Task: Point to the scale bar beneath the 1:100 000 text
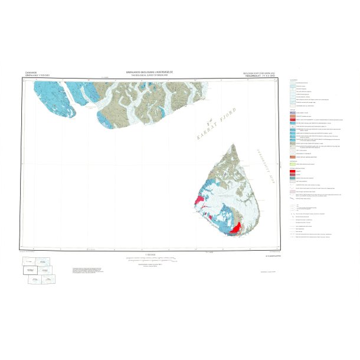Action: coord(148,258)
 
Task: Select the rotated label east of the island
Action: coord(272,159)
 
